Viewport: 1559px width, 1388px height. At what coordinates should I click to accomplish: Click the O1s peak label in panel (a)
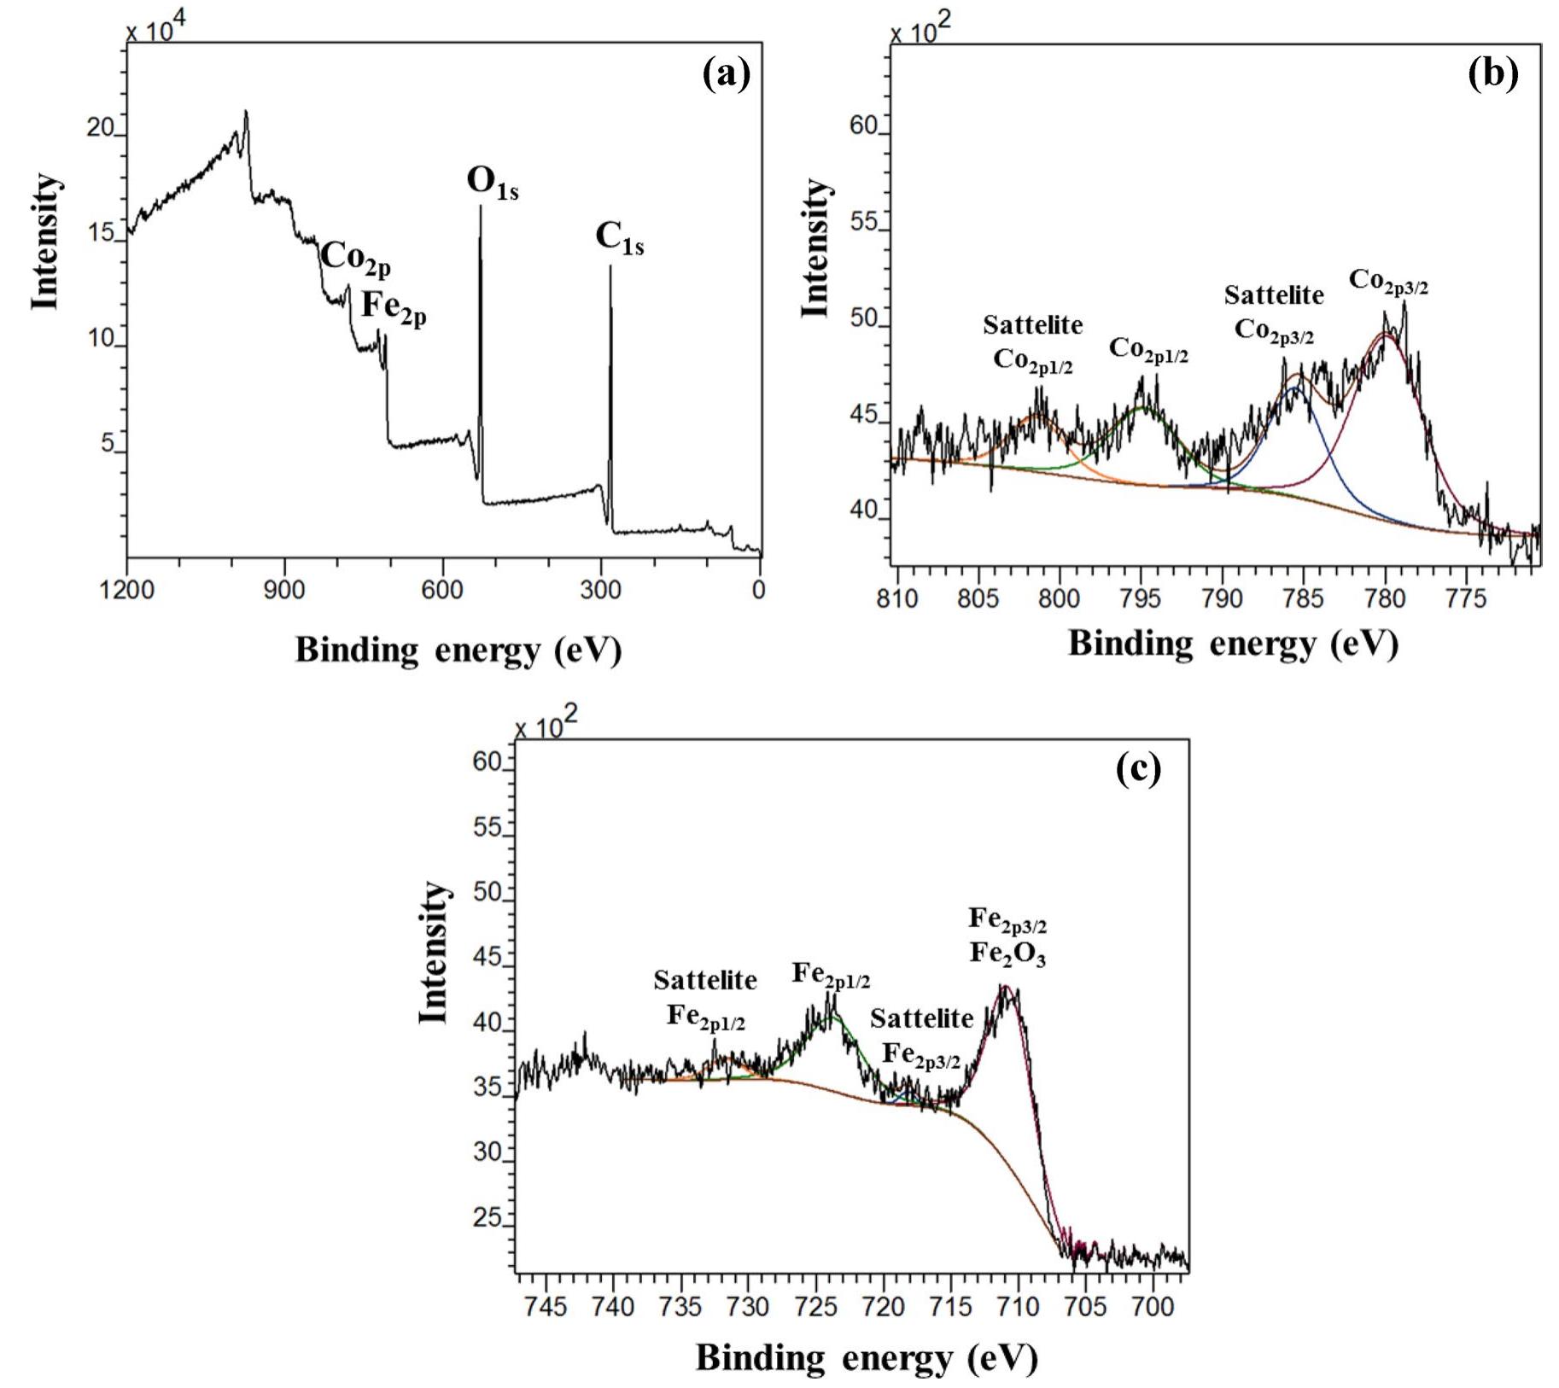tap(492, 183)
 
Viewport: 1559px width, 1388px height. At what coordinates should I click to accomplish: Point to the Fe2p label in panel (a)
tap(394, 307)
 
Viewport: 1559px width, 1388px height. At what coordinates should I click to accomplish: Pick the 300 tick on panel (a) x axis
tap(601, 591)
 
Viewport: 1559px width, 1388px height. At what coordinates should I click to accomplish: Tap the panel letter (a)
tap(726, 74)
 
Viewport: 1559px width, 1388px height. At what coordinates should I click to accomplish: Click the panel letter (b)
tap(1492, 74)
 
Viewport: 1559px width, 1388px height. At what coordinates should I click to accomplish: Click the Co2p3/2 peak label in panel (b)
tap(1388, 281)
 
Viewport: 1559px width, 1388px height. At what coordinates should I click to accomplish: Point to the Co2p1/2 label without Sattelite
tap(1148, 349)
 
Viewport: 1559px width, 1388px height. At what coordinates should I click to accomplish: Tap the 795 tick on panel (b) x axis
tap(1140, 598)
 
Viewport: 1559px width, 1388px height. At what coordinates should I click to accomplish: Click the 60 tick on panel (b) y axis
tap(863, 126)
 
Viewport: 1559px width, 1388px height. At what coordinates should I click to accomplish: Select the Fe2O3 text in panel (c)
tap(1007, 954)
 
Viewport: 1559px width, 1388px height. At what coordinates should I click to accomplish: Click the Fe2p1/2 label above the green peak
tap(831, 974)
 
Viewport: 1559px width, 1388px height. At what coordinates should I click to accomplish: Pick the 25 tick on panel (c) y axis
tap(487, 1218)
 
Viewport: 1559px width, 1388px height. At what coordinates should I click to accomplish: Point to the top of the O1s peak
tap(480, 207)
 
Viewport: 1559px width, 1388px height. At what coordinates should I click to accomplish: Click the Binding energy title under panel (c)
tap(866, 1356)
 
